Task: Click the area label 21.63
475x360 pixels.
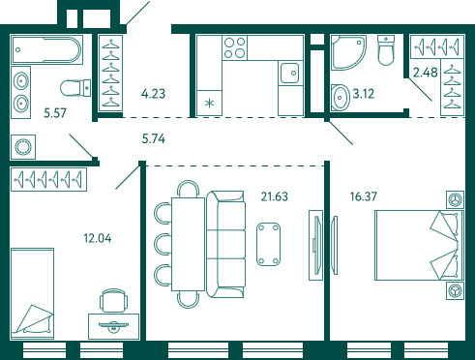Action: (x=274, y=196)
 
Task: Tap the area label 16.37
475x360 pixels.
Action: (x=364, y=196)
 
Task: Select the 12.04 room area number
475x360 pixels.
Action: (x=98, y=238)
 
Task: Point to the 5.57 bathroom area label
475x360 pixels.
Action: (x=55, y=113)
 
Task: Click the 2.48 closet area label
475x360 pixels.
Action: (x=426, y=73)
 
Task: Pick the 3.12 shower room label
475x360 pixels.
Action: (x=364, y=94)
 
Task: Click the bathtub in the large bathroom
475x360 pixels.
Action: (x=47, y=50)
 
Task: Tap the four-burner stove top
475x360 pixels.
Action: (x=235, y=47)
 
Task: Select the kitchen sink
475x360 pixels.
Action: (x=290, y=73)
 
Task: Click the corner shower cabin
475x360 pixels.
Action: (x=348, y=52)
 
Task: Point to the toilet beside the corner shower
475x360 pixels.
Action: (x=386, y=50)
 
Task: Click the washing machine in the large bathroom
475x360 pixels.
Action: (x=23, y=147)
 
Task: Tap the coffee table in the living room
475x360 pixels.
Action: (x=268, y=244)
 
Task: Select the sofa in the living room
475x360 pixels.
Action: (x=225, y=244)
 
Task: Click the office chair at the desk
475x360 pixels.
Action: (x=113, y=301)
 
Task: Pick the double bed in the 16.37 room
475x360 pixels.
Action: (x=419, y=245)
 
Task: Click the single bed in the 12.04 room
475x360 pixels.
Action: (x=32, y=293)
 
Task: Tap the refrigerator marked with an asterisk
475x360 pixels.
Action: (x=209, y=103)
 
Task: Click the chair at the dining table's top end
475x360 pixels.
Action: (x=189, y=189)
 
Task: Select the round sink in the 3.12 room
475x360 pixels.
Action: (x=341, y=97)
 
